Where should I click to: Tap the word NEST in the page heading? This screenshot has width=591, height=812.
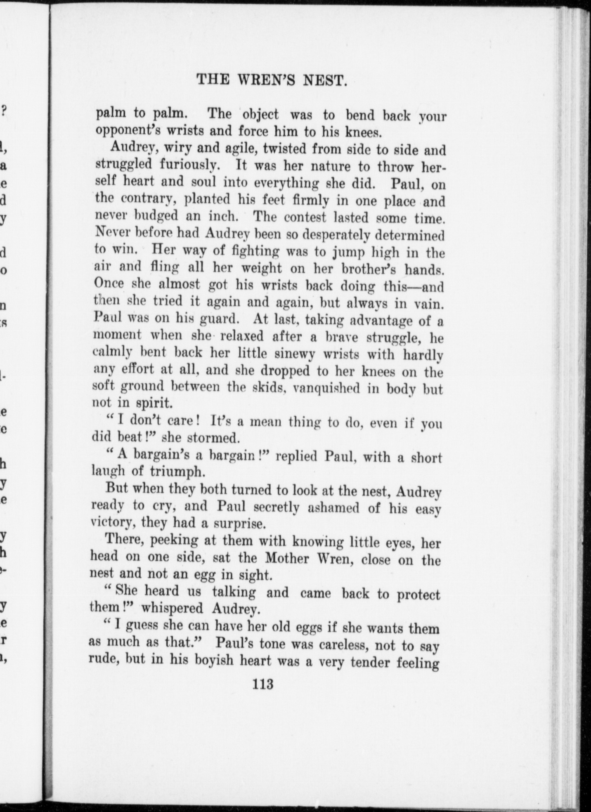(326, 80)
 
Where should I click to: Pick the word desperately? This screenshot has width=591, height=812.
(344, 235)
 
